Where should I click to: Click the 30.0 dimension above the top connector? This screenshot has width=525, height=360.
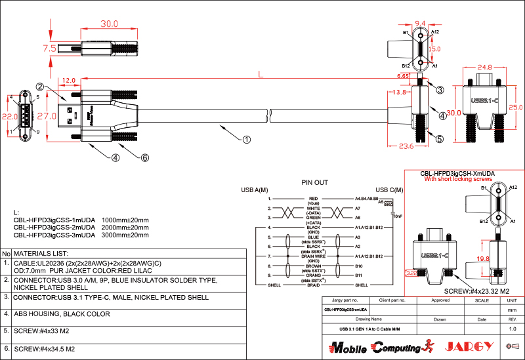(109, 24)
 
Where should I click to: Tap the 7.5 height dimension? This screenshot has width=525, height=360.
(49, 49)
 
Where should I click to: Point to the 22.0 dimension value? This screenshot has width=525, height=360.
(9, 116)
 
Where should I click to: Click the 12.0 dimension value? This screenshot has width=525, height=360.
(68, 81)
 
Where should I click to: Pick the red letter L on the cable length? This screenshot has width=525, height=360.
(261, 75)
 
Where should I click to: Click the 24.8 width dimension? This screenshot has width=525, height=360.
(485, 68)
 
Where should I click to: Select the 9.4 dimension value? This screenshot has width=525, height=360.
(421, 23)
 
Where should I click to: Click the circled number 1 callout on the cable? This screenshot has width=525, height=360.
(246, 139)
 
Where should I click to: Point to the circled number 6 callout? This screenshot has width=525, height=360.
(145, 157)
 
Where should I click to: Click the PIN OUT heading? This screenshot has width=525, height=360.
(314, 182)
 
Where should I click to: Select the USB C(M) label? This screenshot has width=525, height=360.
(388, 190)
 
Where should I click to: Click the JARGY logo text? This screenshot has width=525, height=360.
(469, 346)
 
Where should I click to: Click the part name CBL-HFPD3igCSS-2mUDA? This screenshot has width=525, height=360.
(54, 227)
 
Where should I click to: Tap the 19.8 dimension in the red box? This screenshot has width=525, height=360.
(482, 259)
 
